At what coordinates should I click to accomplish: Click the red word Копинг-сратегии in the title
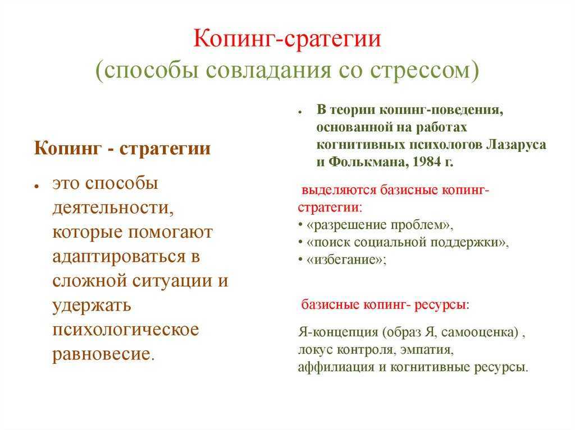[287, 39]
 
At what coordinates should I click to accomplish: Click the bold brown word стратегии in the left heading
[165, 149]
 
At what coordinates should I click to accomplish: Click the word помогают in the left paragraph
[171, 232]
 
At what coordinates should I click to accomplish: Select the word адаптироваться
[119, 257]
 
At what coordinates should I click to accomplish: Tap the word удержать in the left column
[92, 306]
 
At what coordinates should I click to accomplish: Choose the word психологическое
[125, 330]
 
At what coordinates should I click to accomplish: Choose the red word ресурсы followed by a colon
[440, 305]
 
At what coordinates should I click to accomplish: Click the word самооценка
[480, 332]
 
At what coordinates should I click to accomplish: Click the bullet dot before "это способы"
[36, 186]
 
